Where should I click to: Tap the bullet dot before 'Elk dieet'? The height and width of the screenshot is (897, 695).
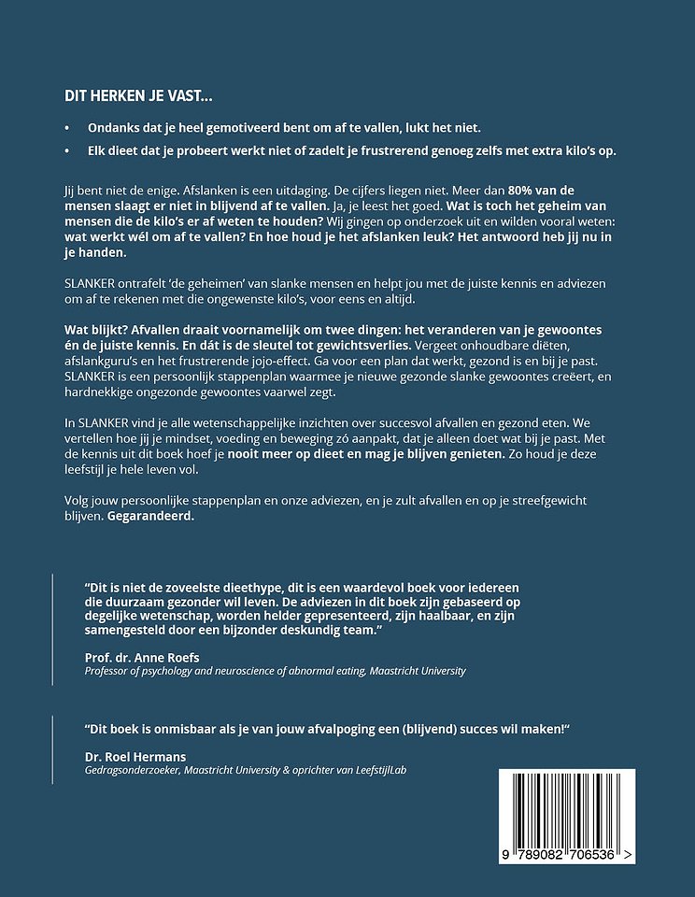click(67, 151)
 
